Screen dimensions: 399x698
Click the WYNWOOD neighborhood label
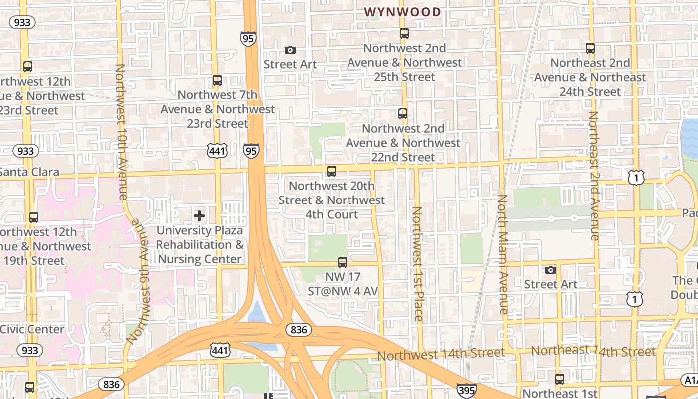click(403, 12)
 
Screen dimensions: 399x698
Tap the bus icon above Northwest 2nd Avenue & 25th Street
click(404, 33)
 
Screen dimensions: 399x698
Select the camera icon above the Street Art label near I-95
click(290, 50)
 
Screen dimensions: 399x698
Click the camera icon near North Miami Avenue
click(551, 270)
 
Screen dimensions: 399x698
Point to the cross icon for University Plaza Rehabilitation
click(199, 216)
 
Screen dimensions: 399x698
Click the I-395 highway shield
click(466, 390)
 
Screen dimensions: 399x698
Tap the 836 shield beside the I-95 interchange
click(299, 330)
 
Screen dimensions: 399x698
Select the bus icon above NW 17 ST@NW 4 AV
click(343, 262)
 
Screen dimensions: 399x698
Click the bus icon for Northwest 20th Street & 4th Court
click(332, 171)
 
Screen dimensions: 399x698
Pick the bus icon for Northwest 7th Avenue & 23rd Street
click(217, 80)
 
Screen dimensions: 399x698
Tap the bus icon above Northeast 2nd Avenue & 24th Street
click(590, 48)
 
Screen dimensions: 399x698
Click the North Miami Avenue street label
click(502, 254)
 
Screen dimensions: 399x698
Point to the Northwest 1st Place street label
click(418, 264)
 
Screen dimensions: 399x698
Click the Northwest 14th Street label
click(441, 355)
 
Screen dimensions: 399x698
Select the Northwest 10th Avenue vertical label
click(121, 132)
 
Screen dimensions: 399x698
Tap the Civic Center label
click(32, 329)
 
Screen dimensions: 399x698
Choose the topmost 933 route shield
click(22, 22)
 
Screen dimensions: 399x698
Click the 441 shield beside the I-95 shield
click(218, 151)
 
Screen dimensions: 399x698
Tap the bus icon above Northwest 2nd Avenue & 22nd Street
click(403, 113)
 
